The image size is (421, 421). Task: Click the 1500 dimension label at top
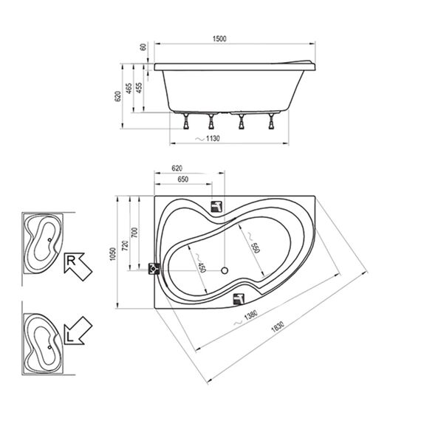tap(219, 38)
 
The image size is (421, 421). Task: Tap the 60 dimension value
tap(143, 47)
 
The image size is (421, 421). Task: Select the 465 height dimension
tap(129, 89)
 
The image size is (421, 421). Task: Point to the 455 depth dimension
tap(139, 88)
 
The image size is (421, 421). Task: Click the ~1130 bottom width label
tap(208, 139)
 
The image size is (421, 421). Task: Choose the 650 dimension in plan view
tap(183, 179)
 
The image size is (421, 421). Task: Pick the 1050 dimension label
tap(113, 254)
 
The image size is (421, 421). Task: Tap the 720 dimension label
tap(125, 246)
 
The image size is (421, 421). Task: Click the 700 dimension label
tap(134, 233)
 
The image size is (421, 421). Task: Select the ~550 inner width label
tap(253, 242)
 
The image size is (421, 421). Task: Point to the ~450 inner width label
tap(201, 263)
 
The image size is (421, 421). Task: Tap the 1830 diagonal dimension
tap(278, 326)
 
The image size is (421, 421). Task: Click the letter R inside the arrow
tap(71, 261)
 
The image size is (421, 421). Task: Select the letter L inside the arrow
tap(70, 337)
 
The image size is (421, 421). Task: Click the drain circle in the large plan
tap(225, 270)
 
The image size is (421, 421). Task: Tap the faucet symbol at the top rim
tap(216, 207)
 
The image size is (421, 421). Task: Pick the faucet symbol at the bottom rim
tap(239, 299)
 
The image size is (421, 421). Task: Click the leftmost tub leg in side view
tap(186, 121)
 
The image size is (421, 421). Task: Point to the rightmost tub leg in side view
tap(272, 121)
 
